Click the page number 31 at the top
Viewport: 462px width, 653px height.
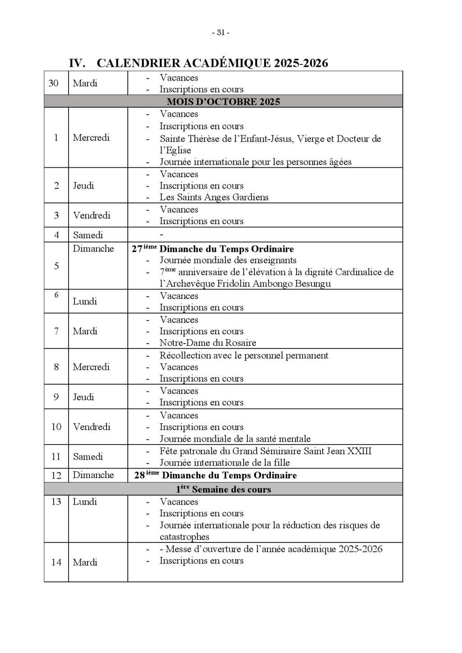point(221,32)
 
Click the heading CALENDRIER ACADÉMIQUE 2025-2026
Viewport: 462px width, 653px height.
point(212,63)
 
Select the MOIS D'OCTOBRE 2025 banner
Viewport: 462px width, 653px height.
point(223,101)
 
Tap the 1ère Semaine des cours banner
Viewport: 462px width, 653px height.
point(223,489)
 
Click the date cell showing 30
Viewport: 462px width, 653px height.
point(54,83)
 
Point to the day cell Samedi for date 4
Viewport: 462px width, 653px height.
point(88,235)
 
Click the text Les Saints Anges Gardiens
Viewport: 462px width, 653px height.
point(214,197)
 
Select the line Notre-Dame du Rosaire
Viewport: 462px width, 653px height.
point(208,343)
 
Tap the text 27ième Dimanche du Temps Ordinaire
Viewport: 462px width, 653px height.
point(213,249)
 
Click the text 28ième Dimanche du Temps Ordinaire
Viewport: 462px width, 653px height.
point(216,475)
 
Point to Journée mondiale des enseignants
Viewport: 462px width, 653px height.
point(228,260)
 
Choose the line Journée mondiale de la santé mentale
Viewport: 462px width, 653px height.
point(235,439)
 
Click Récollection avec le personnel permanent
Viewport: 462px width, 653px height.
point(244,355)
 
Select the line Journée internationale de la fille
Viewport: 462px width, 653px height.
point(224,463)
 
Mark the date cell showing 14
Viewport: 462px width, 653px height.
point(56,562)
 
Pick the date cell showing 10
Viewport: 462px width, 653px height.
point(56,427)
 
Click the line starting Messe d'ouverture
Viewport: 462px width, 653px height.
point(273,549)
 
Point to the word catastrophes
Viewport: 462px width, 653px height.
point(184,537)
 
